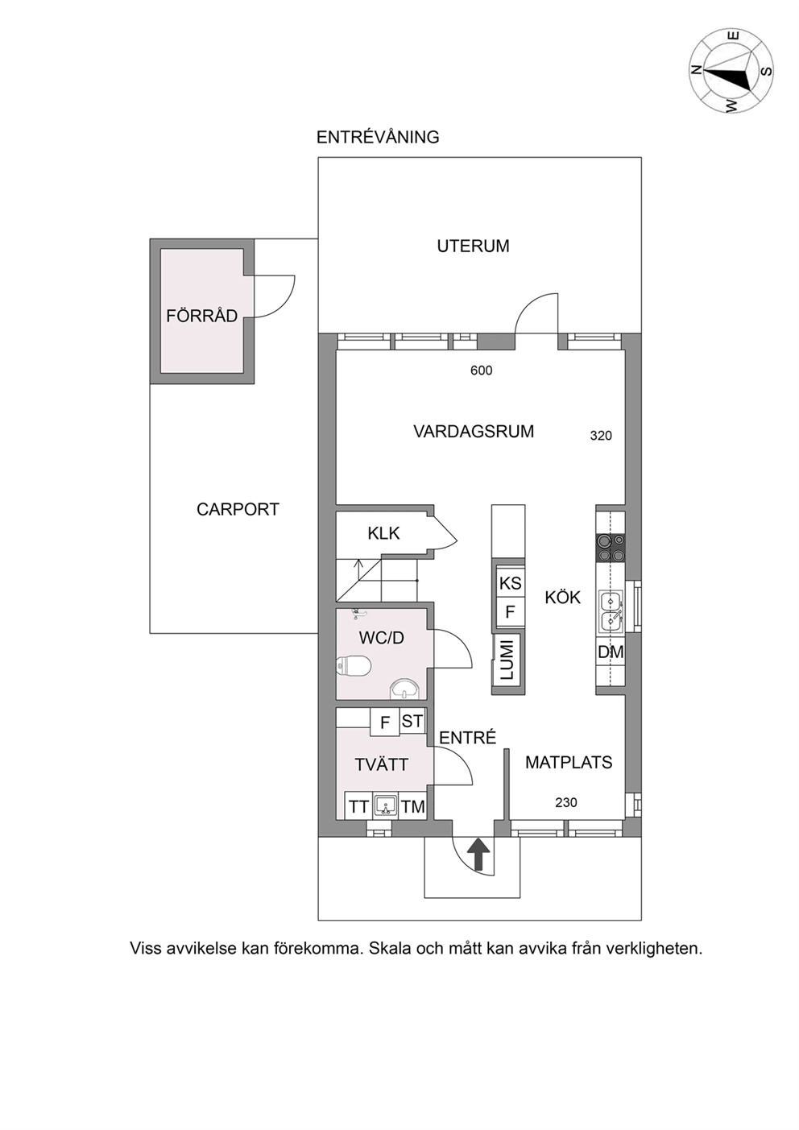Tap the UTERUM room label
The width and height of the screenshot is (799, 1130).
pos(473,246)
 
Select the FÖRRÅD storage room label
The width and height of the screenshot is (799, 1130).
pos(202,316)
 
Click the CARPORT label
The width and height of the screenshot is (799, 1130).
pos(238,510)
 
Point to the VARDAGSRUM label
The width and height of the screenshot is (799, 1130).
pos(474,432)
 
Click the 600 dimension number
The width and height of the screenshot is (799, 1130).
pos(481,370)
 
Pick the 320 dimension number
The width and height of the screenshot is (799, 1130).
pos(601,436)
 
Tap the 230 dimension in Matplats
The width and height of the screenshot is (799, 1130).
pos(566,803)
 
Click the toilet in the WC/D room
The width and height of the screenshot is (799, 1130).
pos(354,665)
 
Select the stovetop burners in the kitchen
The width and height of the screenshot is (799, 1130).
pos(611,548)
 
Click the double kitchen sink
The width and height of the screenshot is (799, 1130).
pos(611,612)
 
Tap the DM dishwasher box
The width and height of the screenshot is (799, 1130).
pos(611,652)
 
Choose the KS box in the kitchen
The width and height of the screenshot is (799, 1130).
pos(511,584)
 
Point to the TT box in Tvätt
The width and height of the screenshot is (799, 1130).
pos(358,807)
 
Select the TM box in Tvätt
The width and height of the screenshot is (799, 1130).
pos(413,807)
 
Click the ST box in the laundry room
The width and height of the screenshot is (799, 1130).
pos(412,722)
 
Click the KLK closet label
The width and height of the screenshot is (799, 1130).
pos(383,533)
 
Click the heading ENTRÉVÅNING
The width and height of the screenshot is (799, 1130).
pos(378,137)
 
